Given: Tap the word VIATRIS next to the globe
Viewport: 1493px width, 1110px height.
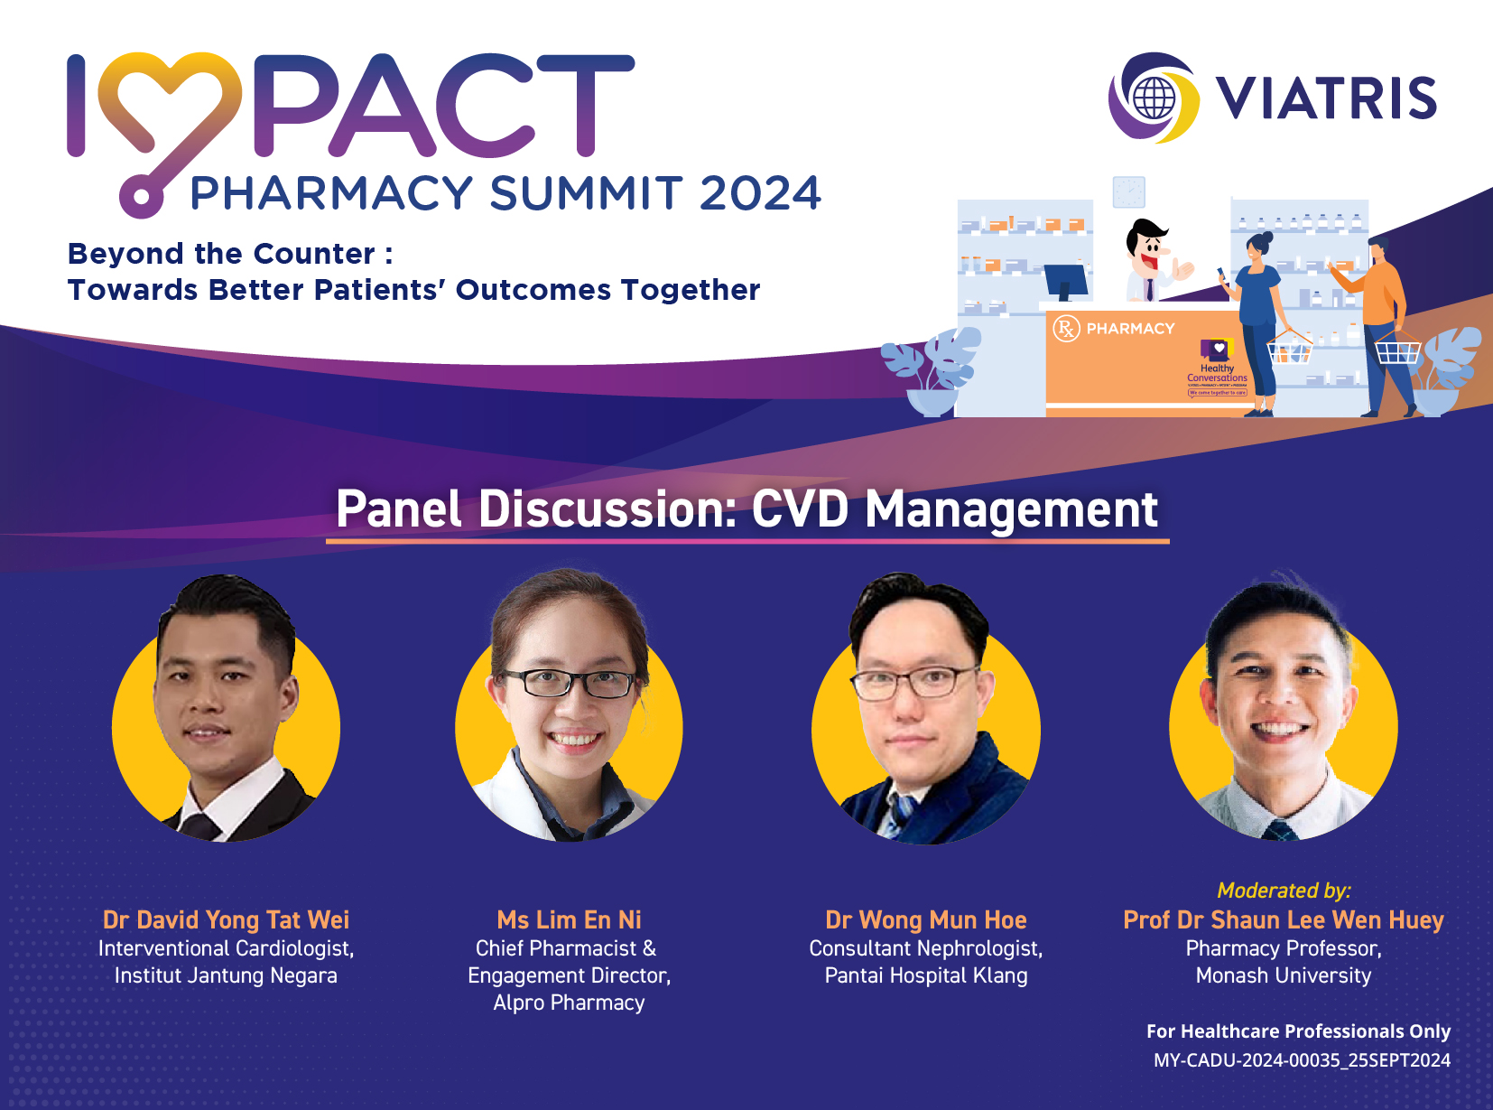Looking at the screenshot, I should [1325, 98].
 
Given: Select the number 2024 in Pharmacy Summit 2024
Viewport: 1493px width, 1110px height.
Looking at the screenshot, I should [760, 193].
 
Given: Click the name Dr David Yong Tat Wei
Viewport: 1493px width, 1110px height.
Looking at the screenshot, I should [226, 919].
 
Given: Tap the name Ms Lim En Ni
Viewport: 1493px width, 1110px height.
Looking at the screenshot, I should [569, 919].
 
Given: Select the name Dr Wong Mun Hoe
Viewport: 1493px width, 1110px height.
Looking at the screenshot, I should [925, 919].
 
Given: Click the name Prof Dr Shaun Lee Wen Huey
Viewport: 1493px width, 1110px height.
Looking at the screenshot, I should [1283, 919].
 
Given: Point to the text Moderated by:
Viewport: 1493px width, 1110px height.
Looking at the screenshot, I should [1284, 891].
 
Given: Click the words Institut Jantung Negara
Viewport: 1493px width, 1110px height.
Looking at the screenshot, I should [226, 975].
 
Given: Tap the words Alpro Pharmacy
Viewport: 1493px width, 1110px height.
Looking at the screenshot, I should [569, 1003].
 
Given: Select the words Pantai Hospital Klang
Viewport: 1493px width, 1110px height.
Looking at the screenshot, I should [925, 975].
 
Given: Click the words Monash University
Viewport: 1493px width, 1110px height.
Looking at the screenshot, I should [1283, 975].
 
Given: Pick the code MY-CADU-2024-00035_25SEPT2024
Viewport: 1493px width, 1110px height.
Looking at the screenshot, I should [1302, 1060].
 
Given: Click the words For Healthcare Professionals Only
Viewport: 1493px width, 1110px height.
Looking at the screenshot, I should [1298, 1031].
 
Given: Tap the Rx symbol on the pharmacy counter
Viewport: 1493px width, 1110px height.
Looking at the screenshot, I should [1066, 328].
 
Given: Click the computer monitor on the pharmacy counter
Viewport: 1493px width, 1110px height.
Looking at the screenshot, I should [1067, 281].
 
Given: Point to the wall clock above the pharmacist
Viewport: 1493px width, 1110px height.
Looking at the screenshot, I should [1128, 192].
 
